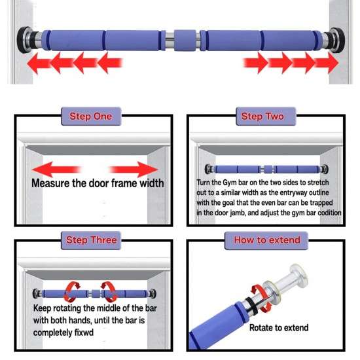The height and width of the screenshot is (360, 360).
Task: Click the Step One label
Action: point(91,117)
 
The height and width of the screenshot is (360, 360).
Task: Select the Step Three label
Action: point(92,240)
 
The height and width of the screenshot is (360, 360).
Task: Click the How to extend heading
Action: point(267,240)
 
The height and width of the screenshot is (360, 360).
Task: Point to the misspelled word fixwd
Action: point(84,333)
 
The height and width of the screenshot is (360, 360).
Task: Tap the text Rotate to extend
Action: point(279,328)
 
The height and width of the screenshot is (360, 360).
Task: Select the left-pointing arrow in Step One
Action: point(56,170)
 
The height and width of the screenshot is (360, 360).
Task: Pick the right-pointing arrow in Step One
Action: point(134,170)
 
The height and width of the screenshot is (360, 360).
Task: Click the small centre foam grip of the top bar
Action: point(185,41)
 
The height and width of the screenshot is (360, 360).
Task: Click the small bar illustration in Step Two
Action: point(266,170)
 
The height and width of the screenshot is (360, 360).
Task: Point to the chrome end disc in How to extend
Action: point(298,276)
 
